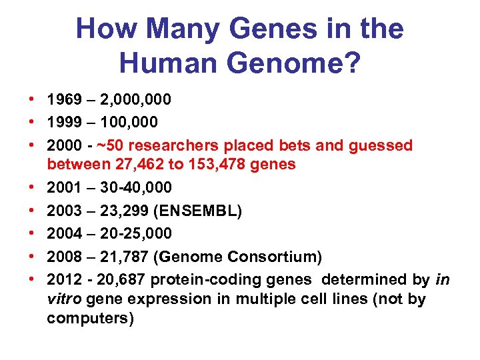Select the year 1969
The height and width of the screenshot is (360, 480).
(x=64, y=100)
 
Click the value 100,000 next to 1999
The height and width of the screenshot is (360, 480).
(x=128, y=123)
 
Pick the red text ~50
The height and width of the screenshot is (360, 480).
(x=111, y=145)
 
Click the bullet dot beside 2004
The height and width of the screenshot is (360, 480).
(x=31, y=233)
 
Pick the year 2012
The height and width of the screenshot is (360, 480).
(x=64, y=279)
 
